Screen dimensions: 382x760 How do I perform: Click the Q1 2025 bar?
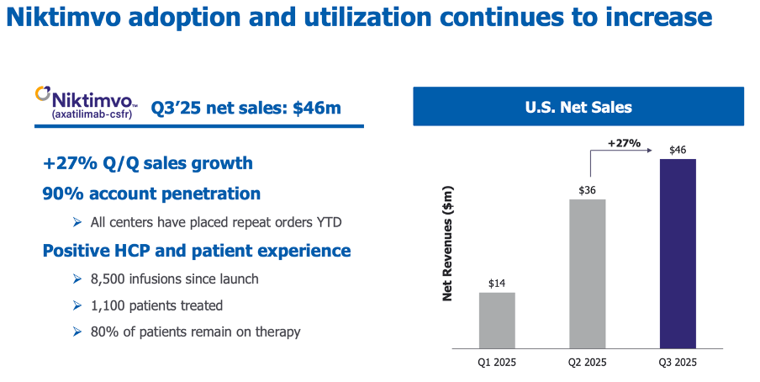tap(497, 319)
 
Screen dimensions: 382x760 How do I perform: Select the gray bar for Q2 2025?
tap(587, 273)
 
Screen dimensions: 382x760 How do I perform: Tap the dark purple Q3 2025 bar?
tap(678, 252)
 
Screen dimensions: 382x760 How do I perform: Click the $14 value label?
tap(497, 283)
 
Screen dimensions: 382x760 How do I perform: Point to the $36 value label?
tap(587, 190)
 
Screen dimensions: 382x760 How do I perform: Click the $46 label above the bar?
tap(678, 150)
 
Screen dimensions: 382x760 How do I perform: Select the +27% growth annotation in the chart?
tap(623, 143)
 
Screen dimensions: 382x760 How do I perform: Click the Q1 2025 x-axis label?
tap(497, 363)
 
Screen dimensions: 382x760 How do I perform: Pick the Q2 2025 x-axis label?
tap(587, 363)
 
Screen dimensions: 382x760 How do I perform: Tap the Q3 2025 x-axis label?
tap(678, 363)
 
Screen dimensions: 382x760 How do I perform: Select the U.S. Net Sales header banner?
tap(578, 107)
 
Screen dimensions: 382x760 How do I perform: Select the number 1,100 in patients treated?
tap(108, 305)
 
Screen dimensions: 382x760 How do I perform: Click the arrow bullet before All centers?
tap(77, 222)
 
